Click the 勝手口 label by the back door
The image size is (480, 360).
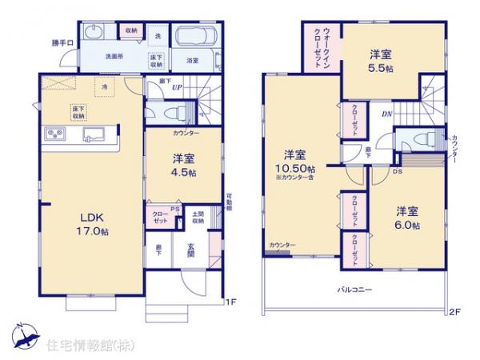click(62, 42)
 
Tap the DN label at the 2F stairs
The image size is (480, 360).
click(386, 114)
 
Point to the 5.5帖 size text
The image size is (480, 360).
click(382, 68)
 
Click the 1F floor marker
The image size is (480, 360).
click(230, 302)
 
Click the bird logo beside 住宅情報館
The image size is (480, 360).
click(23, 332)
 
